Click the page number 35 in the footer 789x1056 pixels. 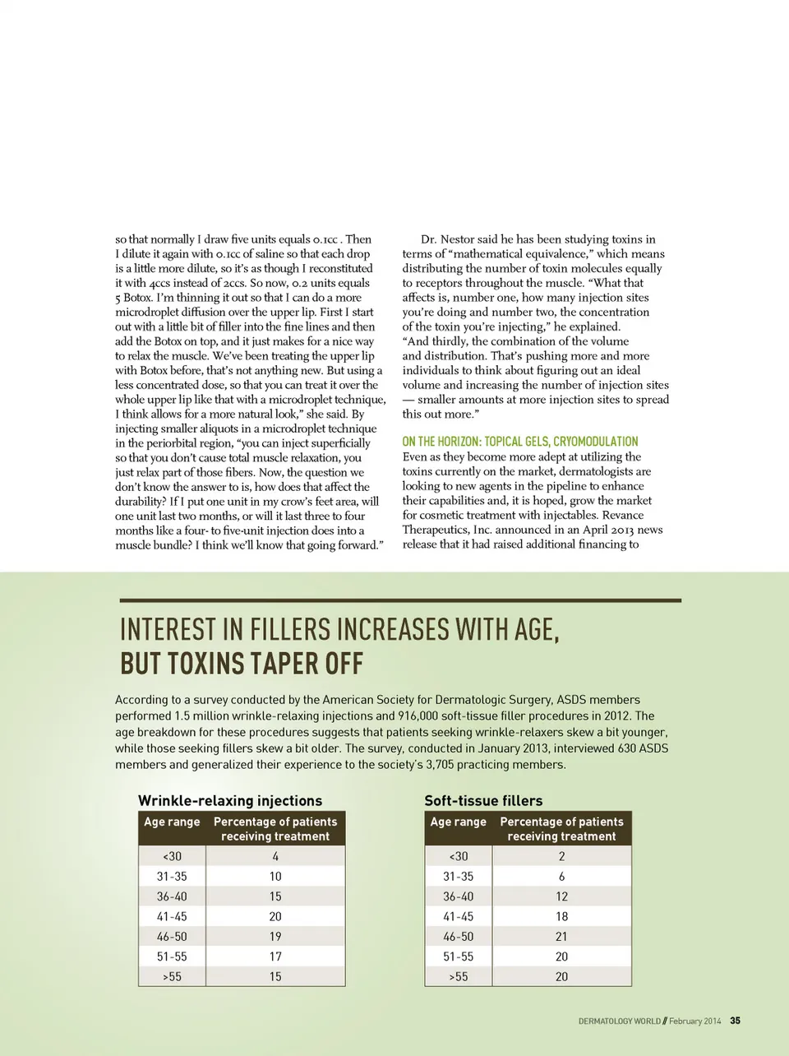(735, 1021)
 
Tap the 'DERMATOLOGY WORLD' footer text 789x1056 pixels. (619, 1021)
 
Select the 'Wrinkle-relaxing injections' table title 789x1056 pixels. (230, 800)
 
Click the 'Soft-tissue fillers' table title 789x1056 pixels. (483, 800)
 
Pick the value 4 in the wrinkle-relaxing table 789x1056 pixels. (275, 856)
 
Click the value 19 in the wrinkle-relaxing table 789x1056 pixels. (275, 936)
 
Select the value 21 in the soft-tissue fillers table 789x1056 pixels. (561, 936)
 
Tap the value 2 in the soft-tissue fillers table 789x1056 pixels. (561, 856)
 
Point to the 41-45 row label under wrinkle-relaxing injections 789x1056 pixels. (172, 916)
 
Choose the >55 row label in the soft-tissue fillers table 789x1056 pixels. (458, 976)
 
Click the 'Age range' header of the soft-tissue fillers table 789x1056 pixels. (458, 822)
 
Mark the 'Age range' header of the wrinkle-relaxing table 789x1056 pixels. (172, 822)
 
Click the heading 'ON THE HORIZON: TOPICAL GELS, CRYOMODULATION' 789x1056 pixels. (520, 442)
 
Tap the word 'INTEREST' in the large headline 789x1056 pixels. (168, 630)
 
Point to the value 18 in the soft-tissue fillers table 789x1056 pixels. (561, 916)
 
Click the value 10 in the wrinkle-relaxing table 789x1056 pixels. (275, 877)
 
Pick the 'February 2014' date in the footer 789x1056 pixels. (694, 1021)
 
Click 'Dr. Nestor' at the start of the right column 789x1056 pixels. (447, 239)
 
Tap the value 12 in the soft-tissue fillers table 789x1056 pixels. (561, 896)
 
